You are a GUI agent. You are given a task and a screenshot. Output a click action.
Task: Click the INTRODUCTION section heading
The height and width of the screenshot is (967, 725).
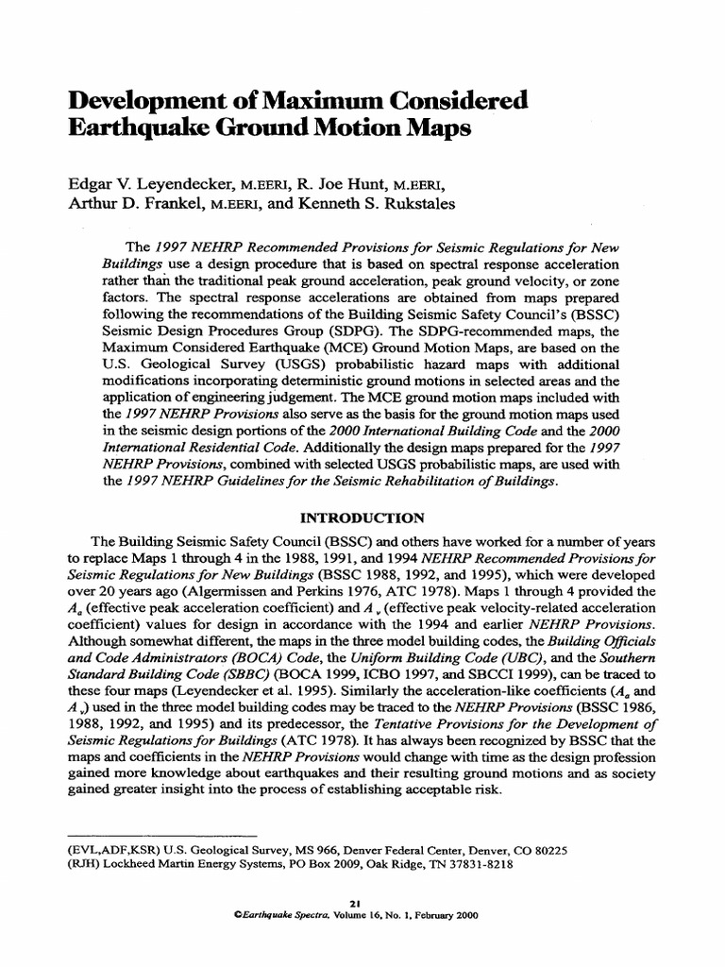(362, 517)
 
